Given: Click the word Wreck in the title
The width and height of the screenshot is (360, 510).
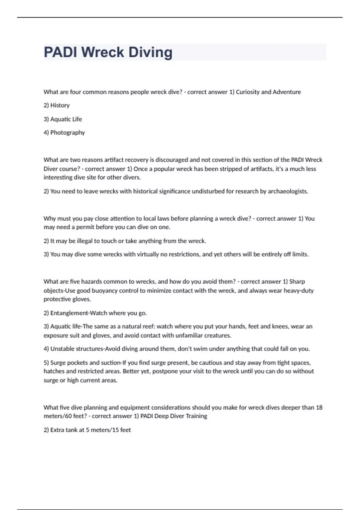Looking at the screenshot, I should click(x=103, y=52).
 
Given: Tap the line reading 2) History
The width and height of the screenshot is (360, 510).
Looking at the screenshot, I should click(x=57, y=105).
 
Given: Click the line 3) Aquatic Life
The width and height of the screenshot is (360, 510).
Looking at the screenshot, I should click(x=63, y=119).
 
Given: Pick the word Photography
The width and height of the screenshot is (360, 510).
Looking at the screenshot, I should click(x=67, y=133).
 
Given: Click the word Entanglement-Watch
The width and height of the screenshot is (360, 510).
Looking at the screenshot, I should click(x=79, y=313).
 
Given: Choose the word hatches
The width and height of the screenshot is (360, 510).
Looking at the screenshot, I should click(x=54, y=371).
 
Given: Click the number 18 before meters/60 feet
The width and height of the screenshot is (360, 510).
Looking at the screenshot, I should click(x=319, y=407).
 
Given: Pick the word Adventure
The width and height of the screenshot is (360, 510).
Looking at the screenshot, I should click(x=287, y=92).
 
